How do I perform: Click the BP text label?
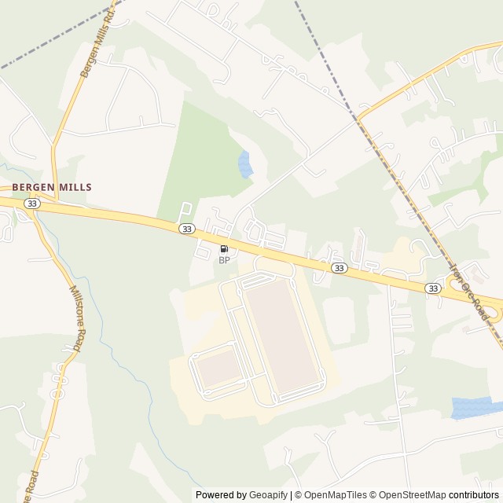224,260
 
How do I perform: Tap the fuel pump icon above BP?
224,249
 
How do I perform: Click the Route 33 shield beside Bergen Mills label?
31,204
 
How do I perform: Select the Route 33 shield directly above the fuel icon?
185,229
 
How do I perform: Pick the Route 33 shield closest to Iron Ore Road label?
432,288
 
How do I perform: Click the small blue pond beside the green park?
245,164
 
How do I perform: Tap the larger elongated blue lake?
476,407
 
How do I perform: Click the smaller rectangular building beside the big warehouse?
219,367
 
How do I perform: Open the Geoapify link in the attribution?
268,495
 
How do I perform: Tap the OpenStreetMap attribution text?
409,495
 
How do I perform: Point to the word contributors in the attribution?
474,495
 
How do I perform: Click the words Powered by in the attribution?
220,495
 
